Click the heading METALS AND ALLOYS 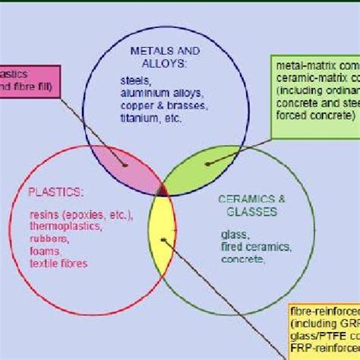click(165, 57)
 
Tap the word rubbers click(47, 238)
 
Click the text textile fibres click(58, 264)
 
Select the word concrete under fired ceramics click(242, 259)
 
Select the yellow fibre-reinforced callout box click(323, 332)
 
